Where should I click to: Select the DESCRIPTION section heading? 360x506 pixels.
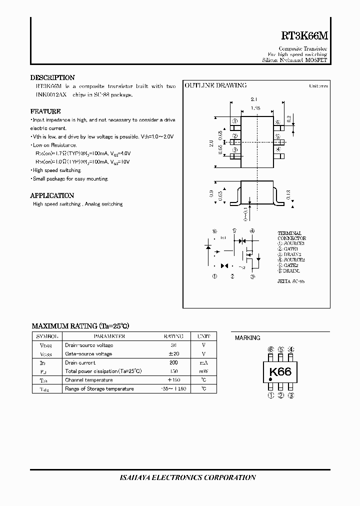52,77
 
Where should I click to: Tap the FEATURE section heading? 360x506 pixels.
45,111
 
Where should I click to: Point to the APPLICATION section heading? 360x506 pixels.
52,195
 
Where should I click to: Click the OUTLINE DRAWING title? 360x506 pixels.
216,85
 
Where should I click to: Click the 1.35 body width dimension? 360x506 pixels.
255,108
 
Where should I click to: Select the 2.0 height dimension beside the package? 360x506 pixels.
211,143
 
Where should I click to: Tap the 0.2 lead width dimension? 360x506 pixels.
290,119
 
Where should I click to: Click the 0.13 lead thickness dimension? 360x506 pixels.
289,195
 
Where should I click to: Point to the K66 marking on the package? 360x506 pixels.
280,372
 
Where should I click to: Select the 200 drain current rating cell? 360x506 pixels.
173,362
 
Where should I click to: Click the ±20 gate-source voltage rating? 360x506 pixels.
173,354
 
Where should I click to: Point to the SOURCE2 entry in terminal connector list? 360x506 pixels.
292,260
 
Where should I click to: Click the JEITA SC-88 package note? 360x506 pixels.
291,281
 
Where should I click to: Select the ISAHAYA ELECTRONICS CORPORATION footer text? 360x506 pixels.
181,477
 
